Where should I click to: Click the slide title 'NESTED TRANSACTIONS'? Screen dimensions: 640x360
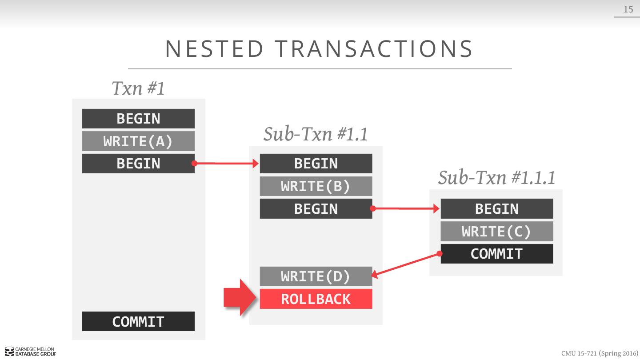pos(319,49)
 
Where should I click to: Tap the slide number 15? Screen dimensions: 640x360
pos(628,9)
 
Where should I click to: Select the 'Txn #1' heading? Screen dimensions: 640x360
pos(138,88)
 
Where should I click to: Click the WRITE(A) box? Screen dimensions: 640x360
pos(138,141)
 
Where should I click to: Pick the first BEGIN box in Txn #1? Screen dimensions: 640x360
pos(138,119)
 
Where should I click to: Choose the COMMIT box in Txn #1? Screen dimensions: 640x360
pos(138,321)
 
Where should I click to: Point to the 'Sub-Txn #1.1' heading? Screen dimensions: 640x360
pos(316,134)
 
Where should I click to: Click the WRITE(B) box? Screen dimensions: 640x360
pos(316,186)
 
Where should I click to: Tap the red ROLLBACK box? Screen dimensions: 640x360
pos(316,299)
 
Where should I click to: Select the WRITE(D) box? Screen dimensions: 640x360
pos(316,276)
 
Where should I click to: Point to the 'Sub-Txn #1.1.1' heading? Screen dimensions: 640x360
pos(496,177)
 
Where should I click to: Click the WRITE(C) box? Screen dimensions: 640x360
pos(496,232)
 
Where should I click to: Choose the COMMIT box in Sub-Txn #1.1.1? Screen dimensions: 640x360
pos(496,254)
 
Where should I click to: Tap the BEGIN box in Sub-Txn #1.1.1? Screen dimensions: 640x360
pos(496,209)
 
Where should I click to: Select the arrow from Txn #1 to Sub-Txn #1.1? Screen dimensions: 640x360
pos(227,164)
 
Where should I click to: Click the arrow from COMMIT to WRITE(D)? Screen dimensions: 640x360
pos(405,265)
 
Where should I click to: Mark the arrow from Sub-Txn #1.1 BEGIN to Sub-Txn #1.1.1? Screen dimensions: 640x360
pos(406,208)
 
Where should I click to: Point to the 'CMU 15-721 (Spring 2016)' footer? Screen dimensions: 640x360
pos(600,353)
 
